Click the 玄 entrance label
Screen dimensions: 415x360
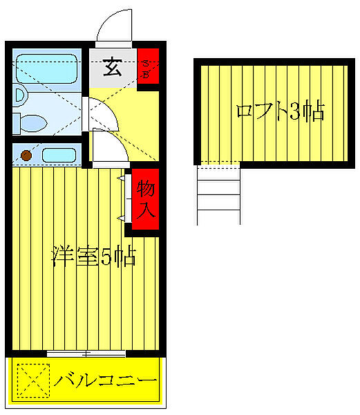tap(112, 68)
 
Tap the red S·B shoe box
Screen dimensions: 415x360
tap(148, 68)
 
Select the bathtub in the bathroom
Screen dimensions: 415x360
tap(47, 68)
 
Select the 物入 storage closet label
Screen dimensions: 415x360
tap(145, 199)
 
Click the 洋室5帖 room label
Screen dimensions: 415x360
tap(93, 257)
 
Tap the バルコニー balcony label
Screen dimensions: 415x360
tap(106, 381)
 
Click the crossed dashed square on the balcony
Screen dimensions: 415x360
tap(34, 381)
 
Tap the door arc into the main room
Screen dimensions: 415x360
tap(108, 147)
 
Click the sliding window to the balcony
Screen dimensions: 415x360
tap(86, 354)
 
